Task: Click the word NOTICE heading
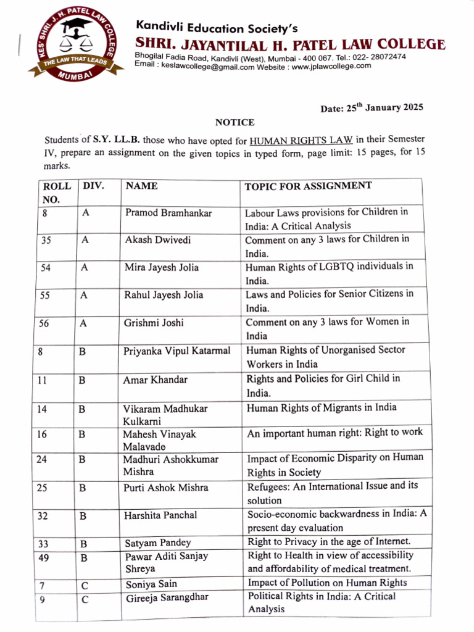[235, 123]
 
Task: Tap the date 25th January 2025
[372, 108]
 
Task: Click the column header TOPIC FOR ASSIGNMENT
[308, 186]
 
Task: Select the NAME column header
[141, 186]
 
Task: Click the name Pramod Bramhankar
[168, 213]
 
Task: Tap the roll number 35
[46, 241]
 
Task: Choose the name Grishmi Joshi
[154, 323]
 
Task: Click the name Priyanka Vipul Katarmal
[177, 351]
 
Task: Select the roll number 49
[43, 558]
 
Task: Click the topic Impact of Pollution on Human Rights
[327, 583]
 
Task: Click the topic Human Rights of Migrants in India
[322, 407]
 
